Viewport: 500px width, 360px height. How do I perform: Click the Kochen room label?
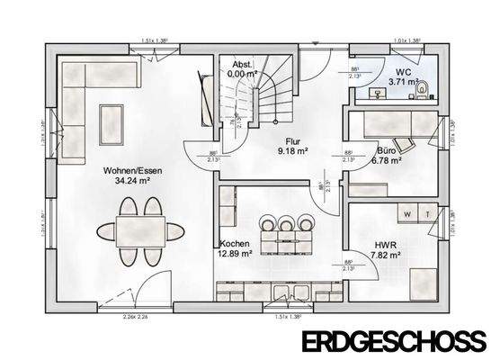tap(234, 243)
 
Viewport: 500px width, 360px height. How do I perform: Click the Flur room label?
tap(292, 141)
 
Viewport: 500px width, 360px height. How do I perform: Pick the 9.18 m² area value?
tap(293, 152)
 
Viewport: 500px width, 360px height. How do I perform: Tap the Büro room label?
tap(387, 150)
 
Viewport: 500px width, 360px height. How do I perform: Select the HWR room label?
tap(386, 243)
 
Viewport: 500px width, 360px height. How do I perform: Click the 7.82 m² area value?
tap(387, 255)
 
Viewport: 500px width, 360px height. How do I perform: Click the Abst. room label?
tap(242, 65)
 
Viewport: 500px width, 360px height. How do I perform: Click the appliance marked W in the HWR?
tap(408, 213)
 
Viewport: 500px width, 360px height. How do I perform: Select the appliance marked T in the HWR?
tap(428, 213)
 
